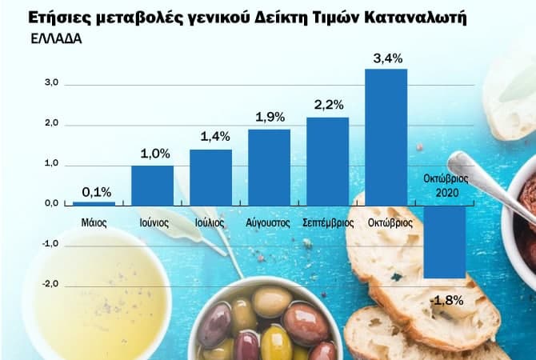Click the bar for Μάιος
(94, 204)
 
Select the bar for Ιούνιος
(152, 185)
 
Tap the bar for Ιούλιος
(210, 177)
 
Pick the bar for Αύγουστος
(269, 166)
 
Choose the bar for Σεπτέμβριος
(327, 161)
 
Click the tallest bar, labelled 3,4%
(386, 137)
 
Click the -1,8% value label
(446, 300)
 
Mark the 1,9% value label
(270, 117)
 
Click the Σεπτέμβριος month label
(328, 223)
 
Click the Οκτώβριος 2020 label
(446, 185)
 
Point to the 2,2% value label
(328, 105)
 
